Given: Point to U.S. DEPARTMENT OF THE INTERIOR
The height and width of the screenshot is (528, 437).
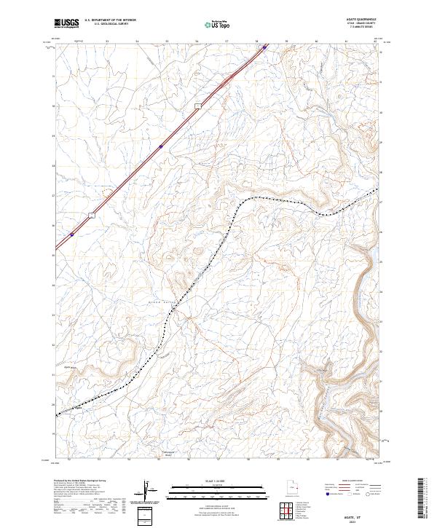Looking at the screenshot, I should tap(110, 21).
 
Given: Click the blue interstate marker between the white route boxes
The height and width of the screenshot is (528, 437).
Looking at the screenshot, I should tap(160, 146).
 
